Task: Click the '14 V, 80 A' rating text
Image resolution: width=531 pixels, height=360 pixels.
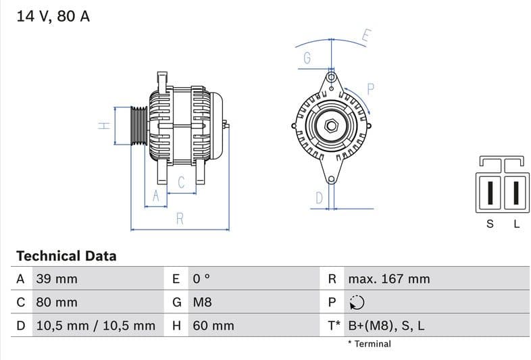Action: [x=53, y=16]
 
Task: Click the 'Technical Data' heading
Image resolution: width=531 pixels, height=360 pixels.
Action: [x=66, y=256]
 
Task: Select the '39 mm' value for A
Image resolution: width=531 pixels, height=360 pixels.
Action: [x=56, y=279]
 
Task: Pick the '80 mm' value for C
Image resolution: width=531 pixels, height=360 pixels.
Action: [x=56, y=302]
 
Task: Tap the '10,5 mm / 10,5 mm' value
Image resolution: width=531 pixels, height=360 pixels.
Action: [x=95, y=326]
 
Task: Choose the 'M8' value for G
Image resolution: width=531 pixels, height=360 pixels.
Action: [x=202, y=302]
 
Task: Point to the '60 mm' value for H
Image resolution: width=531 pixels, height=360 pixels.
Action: [x=213, y=326]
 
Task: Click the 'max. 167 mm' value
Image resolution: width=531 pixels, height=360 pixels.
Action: [x=388, y=279]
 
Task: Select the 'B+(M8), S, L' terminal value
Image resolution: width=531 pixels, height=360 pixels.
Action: [x=386, y=326]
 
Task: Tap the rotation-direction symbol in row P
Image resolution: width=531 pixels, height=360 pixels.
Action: [x=357, y=302]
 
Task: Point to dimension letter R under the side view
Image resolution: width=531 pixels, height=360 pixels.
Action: [x=180, y=218]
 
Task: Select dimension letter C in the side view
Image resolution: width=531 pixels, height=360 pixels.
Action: [x=181, y=182]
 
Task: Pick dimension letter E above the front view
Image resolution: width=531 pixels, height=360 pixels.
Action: [x=365, y=36]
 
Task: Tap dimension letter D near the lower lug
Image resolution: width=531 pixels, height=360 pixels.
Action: [x=320, y=197]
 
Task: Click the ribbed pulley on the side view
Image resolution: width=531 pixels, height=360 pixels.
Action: [x=138, y=126]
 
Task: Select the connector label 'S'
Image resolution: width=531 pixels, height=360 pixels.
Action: [x=490, y=224]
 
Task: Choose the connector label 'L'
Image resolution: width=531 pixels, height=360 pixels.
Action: [x=516, y=224]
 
